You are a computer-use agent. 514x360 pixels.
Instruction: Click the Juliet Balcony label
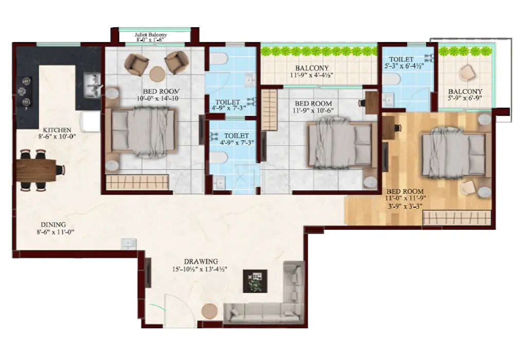[151, 35]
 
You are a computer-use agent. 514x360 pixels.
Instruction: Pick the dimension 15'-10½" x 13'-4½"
[200, 269]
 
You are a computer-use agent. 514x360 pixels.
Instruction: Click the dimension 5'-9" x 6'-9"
[468, 98]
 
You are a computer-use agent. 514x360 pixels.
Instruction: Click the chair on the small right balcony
[467, 73]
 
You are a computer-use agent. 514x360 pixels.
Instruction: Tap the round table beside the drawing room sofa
[209, 311]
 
